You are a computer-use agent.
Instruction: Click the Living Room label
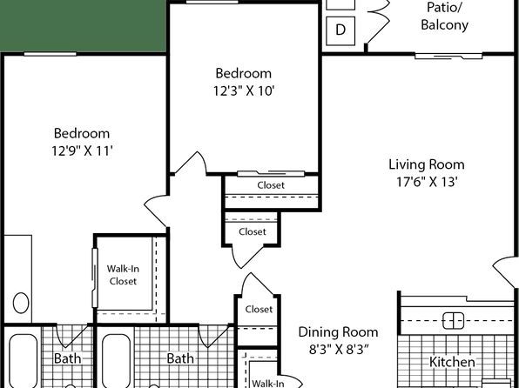click(427, 164)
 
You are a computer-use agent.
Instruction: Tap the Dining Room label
click(338, 332)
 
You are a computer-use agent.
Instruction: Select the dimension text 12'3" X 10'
click(244, 90)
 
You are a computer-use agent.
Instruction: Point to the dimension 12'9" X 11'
click(83, 151)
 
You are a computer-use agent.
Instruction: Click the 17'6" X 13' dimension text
click(427, 182)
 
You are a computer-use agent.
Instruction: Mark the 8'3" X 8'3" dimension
click(339, 350)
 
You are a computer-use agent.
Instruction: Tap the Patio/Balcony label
click(444, 16)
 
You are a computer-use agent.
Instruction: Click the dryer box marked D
click(340, 30)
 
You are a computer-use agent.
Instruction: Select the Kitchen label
click(452, 362)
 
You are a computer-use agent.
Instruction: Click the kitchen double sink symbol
click(454, 320)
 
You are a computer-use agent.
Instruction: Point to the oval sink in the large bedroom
click(21, 303)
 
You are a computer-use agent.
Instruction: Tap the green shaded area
click(83, 26)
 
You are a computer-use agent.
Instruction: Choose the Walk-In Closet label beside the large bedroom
click(123, 275)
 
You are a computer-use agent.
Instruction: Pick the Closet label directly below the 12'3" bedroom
click(271, 185)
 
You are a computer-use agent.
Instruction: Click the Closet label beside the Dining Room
click(259, 310)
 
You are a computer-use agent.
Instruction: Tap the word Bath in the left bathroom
click(67, 358)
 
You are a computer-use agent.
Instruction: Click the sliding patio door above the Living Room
click(448, 56)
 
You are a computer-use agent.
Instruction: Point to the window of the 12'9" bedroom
click(51, 54)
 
